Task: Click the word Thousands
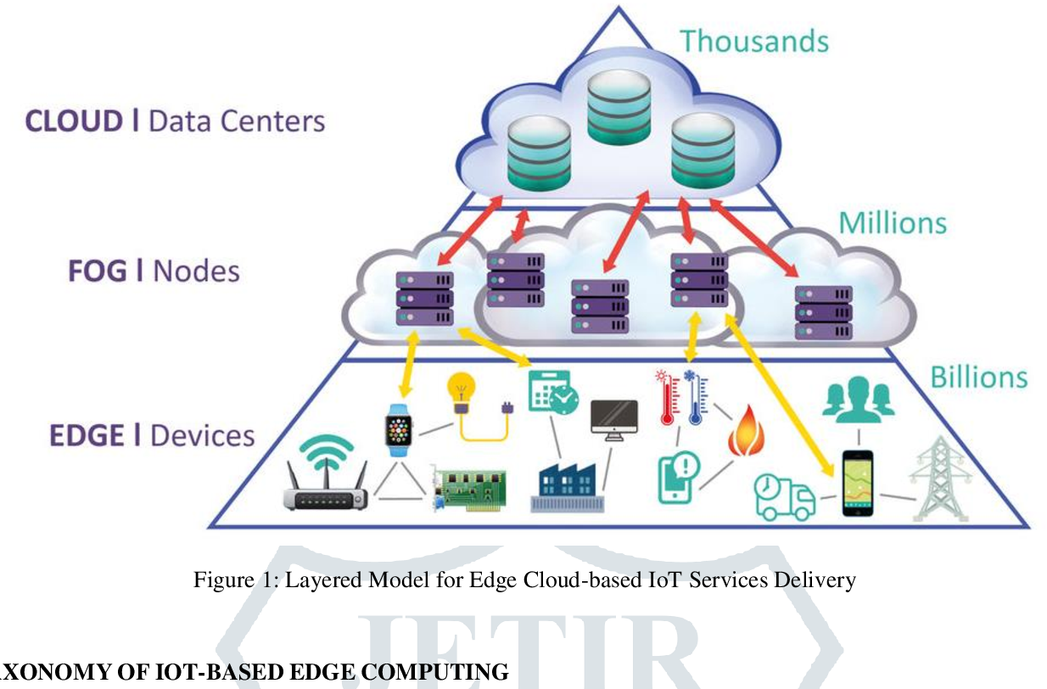(x=753, y=41)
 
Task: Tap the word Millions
(x=893, y=223)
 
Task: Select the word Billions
(x=979, y=377)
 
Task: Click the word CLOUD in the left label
(x=74, y=121)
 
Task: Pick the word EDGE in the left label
(x=87, y=435)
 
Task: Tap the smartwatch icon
(x=397, y=431)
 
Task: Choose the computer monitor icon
(x=613, y=418)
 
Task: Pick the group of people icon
(x=858, y=399)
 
